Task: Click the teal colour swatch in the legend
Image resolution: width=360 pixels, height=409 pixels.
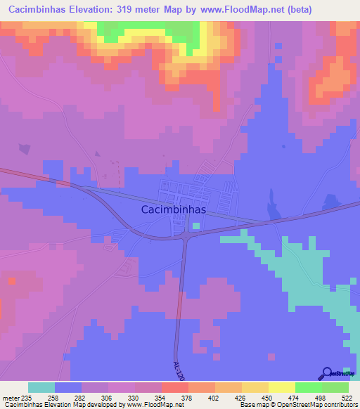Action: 41,387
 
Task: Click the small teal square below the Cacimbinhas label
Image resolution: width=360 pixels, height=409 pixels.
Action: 196,226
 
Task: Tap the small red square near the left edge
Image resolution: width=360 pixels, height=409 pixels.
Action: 11,281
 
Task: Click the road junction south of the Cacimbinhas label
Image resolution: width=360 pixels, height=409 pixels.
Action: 186,239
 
